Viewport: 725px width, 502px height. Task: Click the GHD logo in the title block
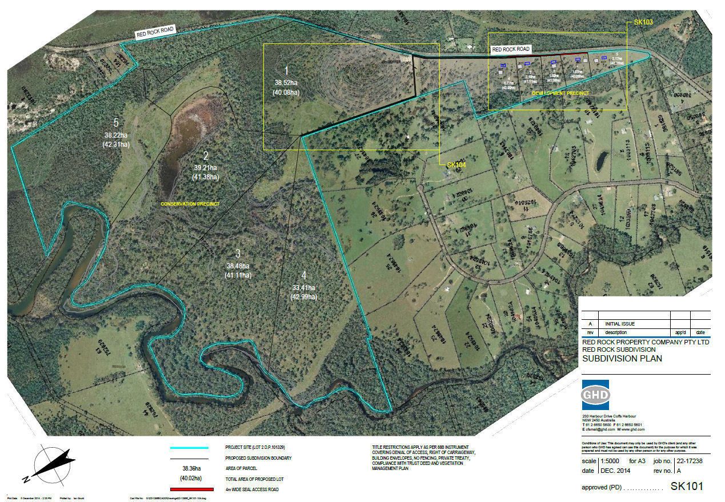coord(595,395)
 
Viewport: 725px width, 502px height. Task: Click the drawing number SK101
coord(686,487)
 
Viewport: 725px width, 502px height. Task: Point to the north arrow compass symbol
coord(53,463)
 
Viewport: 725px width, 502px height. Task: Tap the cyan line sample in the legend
coord(189,448)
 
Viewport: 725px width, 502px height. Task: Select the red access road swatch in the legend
coord(189,489)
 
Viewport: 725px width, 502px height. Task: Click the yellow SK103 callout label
coord(643,23)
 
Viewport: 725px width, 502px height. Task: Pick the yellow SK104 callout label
coord(456,165)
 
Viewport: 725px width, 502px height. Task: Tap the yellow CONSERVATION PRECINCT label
coord(190,204)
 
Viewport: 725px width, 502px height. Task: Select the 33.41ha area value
coord(303,288)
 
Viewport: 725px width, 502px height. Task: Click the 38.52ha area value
coord(286,83)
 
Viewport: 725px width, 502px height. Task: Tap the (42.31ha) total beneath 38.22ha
coord(117,144)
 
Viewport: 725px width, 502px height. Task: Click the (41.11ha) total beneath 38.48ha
coord(238,275)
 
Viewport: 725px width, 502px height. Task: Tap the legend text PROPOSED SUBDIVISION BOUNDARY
coord(258,458)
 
